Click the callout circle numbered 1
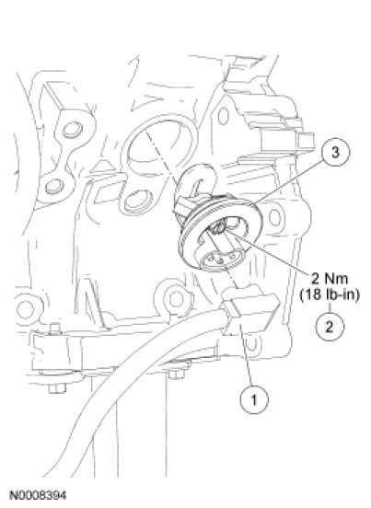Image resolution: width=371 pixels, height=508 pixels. (254, 399)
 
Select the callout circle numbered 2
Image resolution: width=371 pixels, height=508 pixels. (330, 327)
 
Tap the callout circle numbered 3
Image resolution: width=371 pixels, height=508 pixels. (335, 152)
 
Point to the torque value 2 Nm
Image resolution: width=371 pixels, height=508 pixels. (330, 278)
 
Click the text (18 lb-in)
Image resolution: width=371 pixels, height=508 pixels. (330, 294)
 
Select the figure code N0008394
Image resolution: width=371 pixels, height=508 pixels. (38, 495)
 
